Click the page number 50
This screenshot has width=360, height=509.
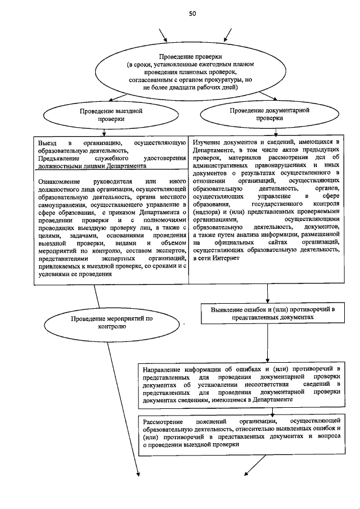[x=192, y=13]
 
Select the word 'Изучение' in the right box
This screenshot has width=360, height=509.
[x=208, y=143]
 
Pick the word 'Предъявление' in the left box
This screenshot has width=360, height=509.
[x=58, y=159]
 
